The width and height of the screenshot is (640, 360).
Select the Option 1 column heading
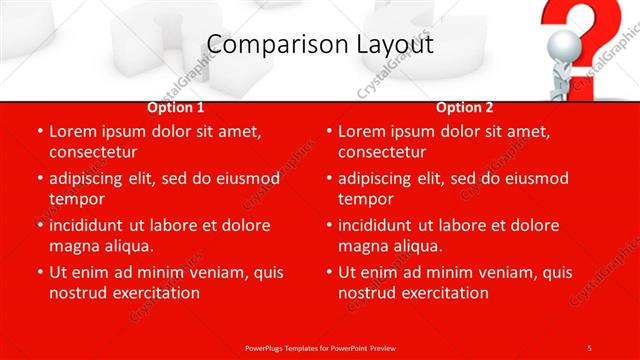click(x=176, y=107)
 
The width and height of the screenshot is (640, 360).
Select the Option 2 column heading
click(x=465, y=107)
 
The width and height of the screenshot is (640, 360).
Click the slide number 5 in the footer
click(x=589, y=347)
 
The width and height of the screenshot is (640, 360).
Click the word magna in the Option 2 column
click(x=364, y=246)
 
